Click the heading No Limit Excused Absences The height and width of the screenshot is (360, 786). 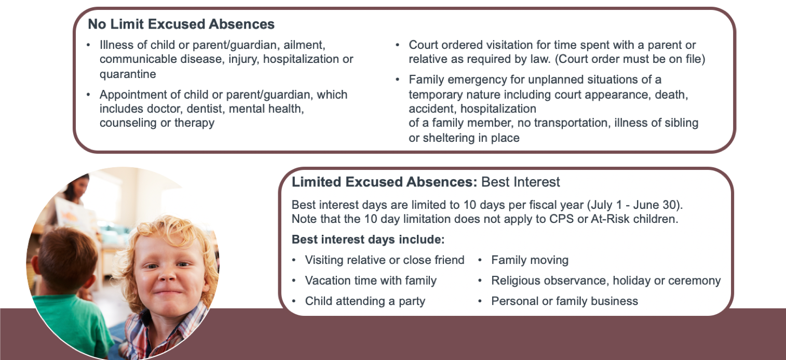[x=181, y=24]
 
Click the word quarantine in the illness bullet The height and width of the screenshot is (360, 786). [x=128, y=74]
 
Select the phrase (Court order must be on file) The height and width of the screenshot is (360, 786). [x=630, y=59]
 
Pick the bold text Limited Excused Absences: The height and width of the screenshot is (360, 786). [x=384, y=182]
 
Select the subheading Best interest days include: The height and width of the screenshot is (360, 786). [x=368, y=239]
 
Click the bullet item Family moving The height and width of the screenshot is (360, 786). [x=530, y=260]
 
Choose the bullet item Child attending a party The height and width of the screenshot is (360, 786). [x=365, y=301]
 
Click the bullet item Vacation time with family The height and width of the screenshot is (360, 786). [x=371, y=281]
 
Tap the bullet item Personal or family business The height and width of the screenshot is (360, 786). [x=564, y=301]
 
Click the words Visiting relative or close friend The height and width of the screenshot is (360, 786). [x=384, y=260]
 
